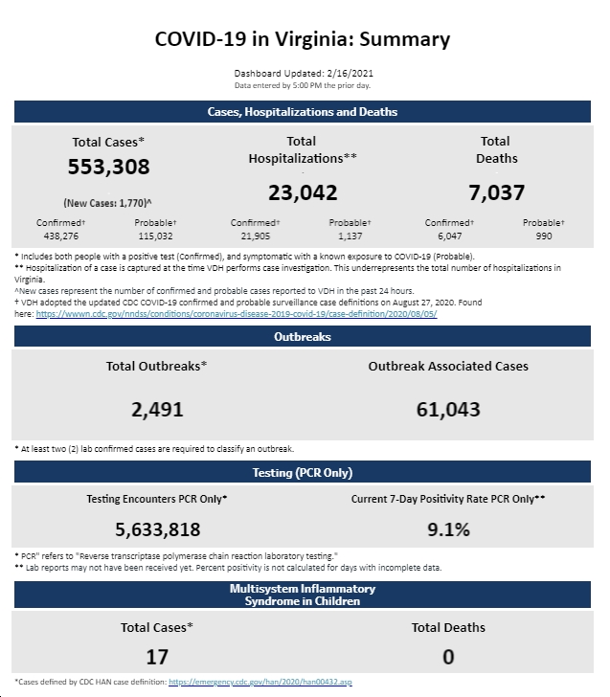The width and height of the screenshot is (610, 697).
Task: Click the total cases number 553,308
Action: pyautogui.click(x=108, y=167)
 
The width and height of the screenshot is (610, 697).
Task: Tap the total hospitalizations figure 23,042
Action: pyautogui.click(x=303, y=193)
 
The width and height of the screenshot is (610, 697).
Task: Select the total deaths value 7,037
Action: pyautogui.click(x=497, y=193)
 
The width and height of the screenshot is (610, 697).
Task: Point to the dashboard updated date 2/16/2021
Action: pyautogui.click(x=350, y=74)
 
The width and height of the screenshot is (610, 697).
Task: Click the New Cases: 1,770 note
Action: pyautogui.click(x=107, y=203)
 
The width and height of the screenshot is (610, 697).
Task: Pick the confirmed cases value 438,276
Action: pyautogui.click(x=61, y=236)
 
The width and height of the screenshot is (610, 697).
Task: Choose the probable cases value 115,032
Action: pyautogui.click(x=155, y=236)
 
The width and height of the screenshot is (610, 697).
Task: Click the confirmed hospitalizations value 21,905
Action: pyautogui.click(x=255, y=236)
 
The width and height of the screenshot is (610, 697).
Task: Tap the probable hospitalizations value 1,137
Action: pyautogui.click(x=350, y=236)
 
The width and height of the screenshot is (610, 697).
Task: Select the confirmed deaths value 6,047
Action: pyautogui.click(x=449, y=236)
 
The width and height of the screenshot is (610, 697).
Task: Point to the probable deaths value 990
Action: pyautogui.click(x=544, y=236)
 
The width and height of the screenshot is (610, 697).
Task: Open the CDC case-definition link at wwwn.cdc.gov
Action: pyautogui.click(x=237, y=314)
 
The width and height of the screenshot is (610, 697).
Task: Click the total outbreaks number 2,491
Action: pyautogui.click(x=157, y=410)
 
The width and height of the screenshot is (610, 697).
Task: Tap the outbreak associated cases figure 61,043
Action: pyautogui.click(x=448, y=410)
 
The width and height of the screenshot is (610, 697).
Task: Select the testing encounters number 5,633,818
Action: pyautogui.click(x=158, y=529)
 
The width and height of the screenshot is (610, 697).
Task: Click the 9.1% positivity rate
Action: pyautogui.click(x=448, y=529)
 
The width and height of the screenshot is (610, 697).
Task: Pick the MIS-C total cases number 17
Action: pyautogui.click(x=157, y=657)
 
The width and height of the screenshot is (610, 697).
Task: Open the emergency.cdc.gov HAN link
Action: pyautogui.click(x=260, y=682)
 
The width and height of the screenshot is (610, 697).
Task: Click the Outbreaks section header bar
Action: pyautogui.click(x=303, y=336)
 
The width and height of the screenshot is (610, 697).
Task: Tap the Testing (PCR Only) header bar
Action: pyautogui.click(x=303, y=472)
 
